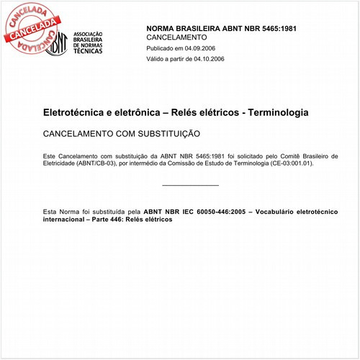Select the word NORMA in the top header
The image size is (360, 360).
[162, 28]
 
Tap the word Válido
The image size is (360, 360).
[158, 59]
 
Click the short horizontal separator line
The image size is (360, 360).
[191, 186]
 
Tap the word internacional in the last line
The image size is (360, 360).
[66, 219]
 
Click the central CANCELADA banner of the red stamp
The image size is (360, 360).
[30, 27]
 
